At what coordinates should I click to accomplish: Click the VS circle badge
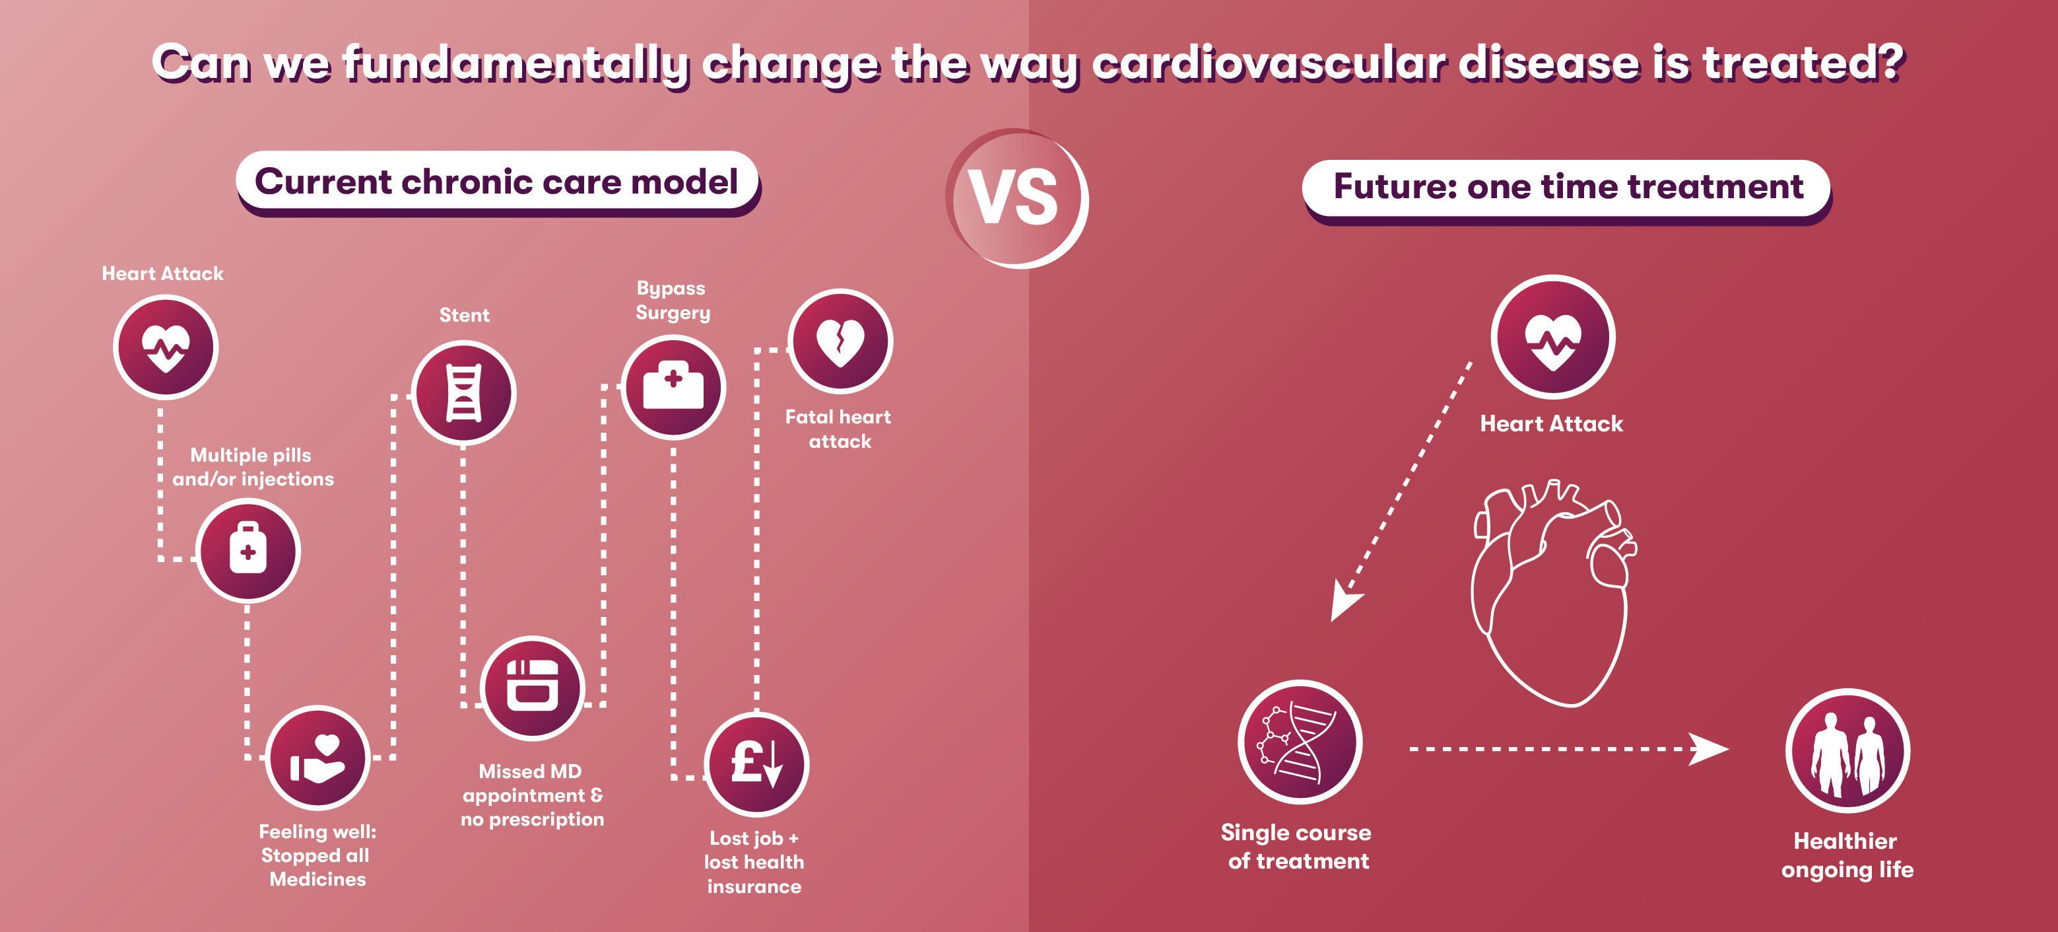pos(1016,197)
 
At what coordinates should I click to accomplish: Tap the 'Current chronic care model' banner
pos(496,182)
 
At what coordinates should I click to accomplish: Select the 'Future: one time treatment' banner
pos(1567,187)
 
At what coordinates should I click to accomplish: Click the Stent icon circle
pos(463,392)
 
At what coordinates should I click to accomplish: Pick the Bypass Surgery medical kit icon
pos(673,387)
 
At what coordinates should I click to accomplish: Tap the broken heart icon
pos(840,341)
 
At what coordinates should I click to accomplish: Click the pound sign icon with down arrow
pos(756,764)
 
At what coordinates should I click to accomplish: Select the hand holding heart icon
pos(318,758)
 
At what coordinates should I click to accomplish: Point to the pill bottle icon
pos(248,551)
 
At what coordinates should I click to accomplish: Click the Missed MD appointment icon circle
pos(532,688)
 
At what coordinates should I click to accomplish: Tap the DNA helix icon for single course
pos(1299,742)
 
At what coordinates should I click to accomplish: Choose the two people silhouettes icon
pos(1847,752)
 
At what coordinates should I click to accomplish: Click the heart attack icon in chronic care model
pos(166,347)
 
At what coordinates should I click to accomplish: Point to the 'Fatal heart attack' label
pos(838,429)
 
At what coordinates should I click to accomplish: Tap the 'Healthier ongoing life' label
pos(1846,855)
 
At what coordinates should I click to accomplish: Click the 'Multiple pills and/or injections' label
pos(252,467)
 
